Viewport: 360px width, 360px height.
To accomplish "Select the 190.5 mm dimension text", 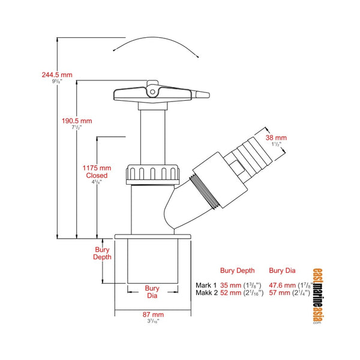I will point(77,121).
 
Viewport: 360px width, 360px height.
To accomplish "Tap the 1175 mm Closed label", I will point(97,172).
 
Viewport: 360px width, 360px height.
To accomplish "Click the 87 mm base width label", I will point(153,314).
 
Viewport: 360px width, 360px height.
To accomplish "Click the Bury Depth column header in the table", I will point(238,271).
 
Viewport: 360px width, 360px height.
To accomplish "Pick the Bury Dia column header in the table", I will point(284,271).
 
